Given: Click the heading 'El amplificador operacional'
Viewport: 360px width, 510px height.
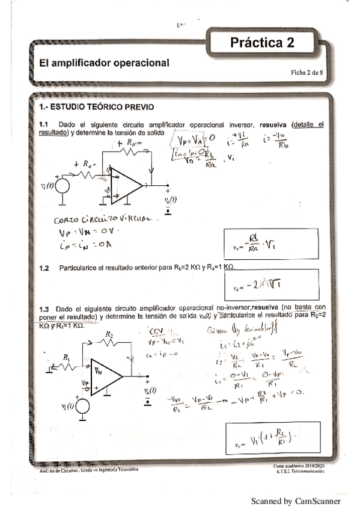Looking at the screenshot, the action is click(x=104, y=63).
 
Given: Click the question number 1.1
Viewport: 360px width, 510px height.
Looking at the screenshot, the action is click(x=43, y=124).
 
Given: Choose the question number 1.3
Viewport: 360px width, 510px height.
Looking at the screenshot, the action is click(x=43, y=307).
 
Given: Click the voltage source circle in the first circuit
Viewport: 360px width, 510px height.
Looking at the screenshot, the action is click(x=61, y=186).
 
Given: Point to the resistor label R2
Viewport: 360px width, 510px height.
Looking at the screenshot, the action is click(x=109, y=334).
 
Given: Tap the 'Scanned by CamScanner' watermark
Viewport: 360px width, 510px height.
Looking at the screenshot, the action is click(x=296, y=500).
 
